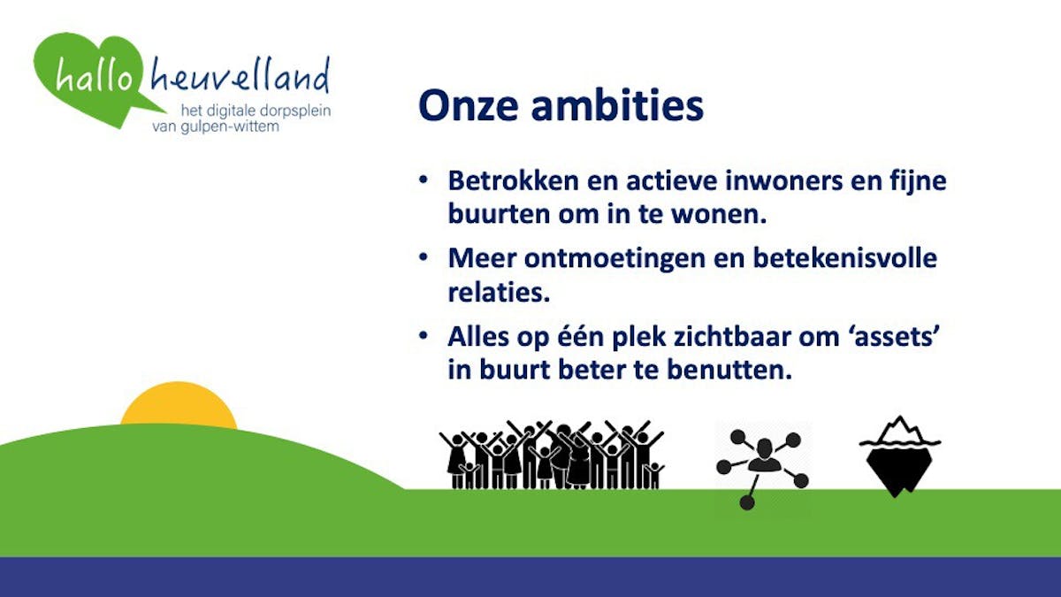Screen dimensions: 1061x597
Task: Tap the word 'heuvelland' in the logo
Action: click(x=240, y=74)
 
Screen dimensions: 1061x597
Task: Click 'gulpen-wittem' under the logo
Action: click(x=230, y=127)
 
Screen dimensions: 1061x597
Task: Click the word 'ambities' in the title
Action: click(x=617, y=104)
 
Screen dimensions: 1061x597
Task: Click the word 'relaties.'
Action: click(x=499, y=292)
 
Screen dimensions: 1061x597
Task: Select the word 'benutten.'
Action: click(x=730, y=370)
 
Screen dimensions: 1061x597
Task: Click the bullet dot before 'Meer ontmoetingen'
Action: click(x=423, y=257)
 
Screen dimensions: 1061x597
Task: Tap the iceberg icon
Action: click(x=899, y=457)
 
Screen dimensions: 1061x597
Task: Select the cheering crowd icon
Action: click(x=552, y=455)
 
